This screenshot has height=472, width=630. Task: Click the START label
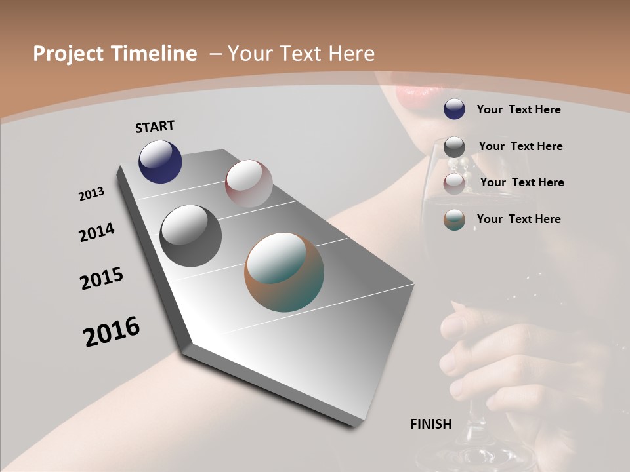click(x=155, y=127)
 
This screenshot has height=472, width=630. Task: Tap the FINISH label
click(x=430, y=424)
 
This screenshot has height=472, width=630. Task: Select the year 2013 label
click(x=91, y=194)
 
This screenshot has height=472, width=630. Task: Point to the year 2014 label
click(x=96, y=232)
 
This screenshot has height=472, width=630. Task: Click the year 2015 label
click(x=102, y=279)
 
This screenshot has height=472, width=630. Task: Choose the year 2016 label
click(x=112, y=331)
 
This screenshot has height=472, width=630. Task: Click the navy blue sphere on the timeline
click(x=160, y=161)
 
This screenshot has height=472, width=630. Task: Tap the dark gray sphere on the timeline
click(x=190, y=235)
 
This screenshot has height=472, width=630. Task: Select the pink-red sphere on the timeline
click(x=249, y=184)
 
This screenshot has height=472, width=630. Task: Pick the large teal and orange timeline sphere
click(x=284, y=272)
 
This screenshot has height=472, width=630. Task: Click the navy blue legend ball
click(x=454, y=109)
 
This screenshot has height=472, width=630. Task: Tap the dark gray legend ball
click(x=454, y=147)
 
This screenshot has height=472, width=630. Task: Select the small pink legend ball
click(x=454, y=184)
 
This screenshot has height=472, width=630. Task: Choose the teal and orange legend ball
click(x=454, y=220)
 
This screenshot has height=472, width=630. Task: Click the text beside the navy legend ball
click(x=518, y=109)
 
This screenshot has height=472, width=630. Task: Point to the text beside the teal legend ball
click(x=518, y=219)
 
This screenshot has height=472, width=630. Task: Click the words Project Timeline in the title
click(x=115, y=54)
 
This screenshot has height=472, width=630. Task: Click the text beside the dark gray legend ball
click(x=520, y=146)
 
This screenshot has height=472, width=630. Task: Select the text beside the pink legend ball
click(x=522, y=182)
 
